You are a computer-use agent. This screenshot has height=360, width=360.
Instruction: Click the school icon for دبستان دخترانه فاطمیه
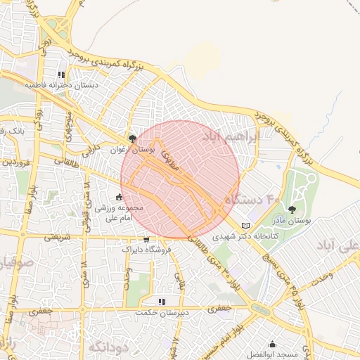pos(61,74)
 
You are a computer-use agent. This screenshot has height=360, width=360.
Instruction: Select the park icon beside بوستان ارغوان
pos(132,139)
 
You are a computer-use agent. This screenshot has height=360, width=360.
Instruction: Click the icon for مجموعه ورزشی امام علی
pos(118,197)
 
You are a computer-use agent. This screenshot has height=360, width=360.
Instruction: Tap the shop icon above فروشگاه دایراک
pos(146,239)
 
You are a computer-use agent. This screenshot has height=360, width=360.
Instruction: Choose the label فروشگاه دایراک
pos(146,249)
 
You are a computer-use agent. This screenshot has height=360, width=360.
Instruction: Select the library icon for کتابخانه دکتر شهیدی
pos(245,226)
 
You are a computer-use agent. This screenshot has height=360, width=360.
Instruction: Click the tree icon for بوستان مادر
pos(292,210)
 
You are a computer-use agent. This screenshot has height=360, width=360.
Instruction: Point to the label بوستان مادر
pos(292,220)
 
